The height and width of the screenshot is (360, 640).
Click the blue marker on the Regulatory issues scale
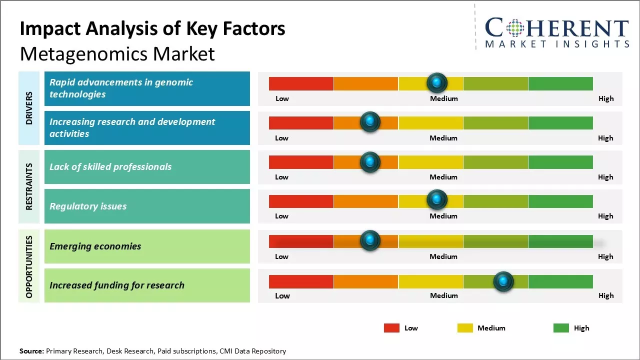[x=437, y=200]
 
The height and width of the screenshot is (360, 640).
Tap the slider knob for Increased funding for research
[x=503, y=282]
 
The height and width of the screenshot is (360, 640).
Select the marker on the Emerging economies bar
[x=370, y=241]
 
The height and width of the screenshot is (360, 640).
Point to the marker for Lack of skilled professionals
[x=370, y=161]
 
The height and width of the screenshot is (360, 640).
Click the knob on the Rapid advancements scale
[x=437, y=82]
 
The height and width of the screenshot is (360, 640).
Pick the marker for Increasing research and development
[x=370, y=121]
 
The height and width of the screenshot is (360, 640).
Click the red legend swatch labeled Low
[x=391, y=328]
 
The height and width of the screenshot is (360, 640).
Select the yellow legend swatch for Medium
[x=465, y=328]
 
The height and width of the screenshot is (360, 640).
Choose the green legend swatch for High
[x=561, y=328]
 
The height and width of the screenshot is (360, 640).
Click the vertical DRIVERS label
[x=29, y=108]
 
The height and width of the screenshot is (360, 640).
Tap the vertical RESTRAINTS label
[x=29, y=186]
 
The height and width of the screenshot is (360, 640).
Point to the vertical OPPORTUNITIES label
[x=29, y=266]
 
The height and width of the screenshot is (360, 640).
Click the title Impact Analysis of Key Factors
[x=152, y=29]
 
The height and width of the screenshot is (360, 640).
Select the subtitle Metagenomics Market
[x=117, y=53]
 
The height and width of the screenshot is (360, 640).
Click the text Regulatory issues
[x=88, y=206]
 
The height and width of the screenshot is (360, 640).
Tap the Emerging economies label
[x=95, y=246]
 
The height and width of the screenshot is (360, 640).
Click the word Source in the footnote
[x=31, y=351]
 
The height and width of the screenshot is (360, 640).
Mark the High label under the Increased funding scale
[x=606, y=295]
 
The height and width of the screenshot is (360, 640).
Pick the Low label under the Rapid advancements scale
[x=282, y=98]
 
